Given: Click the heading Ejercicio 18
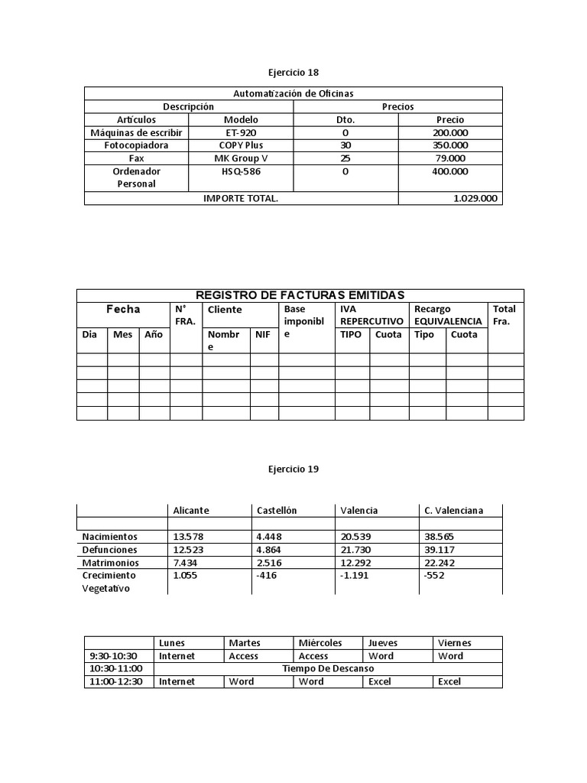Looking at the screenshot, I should click(293, 73).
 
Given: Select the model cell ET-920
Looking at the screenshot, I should click(241, 132).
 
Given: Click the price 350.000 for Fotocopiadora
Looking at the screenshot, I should click(450, 145).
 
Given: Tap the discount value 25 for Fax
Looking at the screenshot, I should click(345, 158).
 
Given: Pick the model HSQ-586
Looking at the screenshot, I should click(241, 172).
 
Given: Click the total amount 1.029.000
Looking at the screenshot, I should click(475, 198).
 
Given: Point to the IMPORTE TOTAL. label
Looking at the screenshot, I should click(241, 198).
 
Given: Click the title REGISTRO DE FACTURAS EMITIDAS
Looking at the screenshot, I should click(300, 295).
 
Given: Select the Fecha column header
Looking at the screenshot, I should click(123, 310).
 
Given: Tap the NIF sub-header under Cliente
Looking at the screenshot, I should click(262, 335).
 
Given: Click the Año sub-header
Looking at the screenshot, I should click(154, 335).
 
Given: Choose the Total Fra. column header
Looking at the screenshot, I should click(504, 315).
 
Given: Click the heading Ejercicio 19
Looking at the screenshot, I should click(293, 469).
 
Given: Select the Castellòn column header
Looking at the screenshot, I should click(277, 510).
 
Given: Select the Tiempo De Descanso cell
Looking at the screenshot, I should click(328, 668).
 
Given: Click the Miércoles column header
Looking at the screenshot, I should click(320, 643).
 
